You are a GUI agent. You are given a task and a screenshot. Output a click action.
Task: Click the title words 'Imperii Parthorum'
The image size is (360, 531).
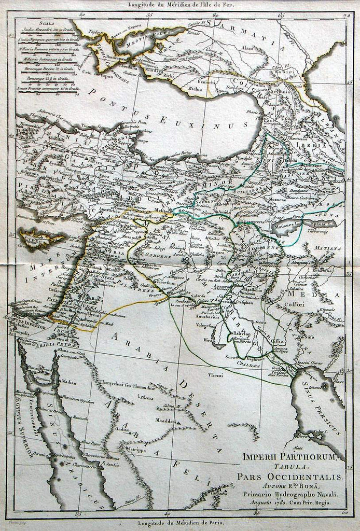coord(288,457)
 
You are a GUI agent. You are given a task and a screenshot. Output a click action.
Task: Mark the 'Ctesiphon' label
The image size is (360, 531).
coord(243,302)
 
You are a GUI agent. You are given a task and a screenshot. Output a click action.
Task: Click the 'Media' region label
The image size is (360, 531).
coord(311,295)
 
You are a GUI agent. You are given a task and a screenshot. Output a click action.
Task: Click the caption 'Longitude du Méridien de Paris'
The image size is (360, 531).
coord(179,523)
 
